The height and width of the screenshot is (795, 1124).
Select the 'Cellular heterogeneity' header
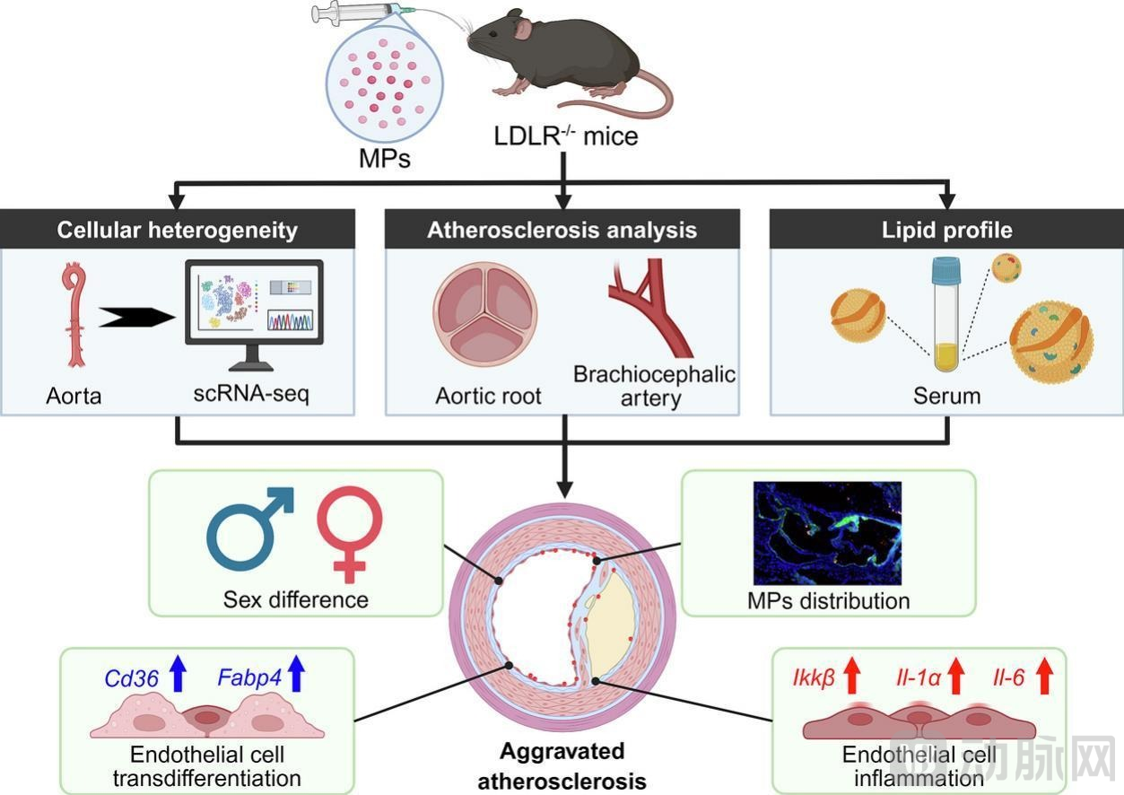(178, 230)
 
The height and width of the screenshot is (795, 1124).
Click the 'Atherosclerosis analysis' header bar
(562, 230)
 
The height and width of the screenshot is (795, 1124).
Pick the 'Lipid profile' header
(946, 230)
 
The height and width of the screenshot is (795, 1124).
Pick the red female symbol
(350, 535)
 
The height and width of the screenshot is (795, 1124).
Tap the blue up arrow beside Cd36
(178, 673)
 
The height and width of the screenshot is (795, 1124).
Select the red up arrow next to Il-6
(1043, 676)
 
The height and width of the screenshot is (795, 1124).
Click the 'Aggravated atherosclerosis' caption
(562, 765)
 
